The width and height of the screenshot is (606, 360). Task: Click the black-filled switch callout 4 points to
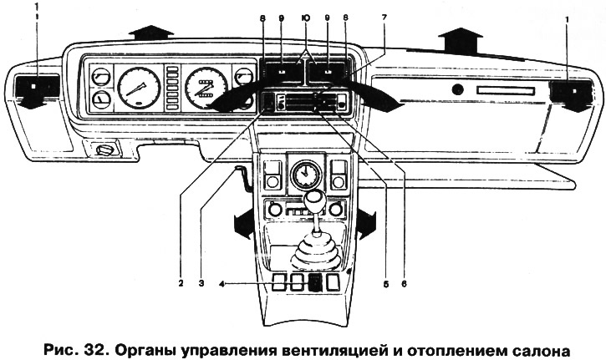pos(315,281)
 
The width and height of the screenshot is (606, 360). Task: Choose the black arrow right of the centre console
pos(366,224)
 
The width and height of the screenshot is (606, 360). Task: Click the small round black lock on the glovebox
pos(456,89)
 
